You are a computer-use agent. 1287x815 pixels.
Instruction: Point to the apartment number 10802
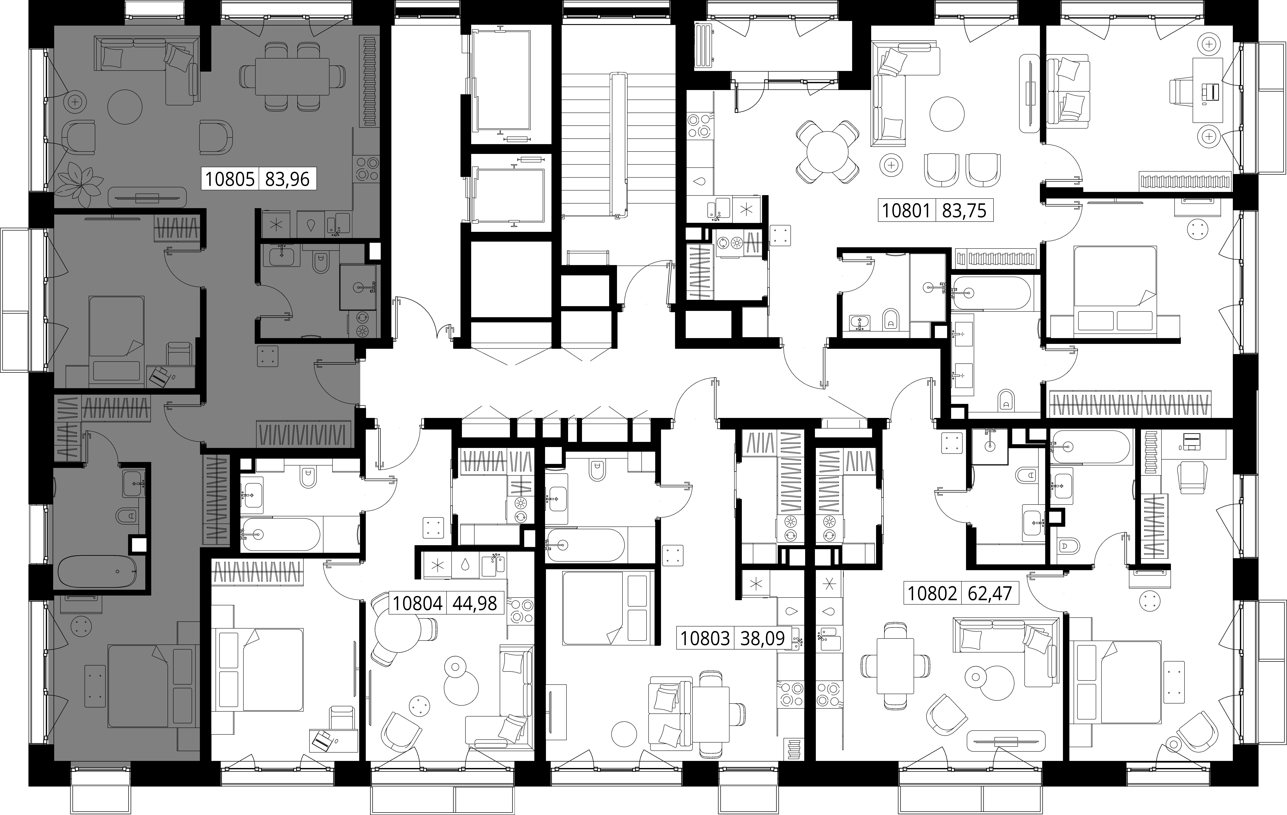[932, 594]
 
